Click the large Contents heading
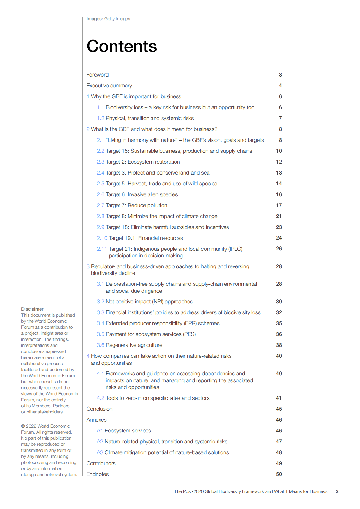122,46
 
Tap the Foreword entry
97,75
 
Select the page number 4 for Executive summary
280,86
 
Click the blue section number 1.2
100,118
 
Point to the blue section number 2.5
100,184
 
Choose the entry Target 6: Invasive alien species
142,194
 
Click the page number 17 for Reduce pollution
279,205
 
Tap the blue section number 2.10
102,238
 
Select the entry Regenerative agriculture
134,345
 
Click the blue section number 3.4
100,323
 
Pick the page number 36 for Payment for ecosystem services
279,334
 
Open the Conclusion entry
99,409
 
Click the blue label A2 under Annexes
100,442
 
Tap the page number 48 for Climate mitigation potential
279,452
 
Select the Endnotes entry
97,474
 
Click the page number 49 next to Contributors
279,463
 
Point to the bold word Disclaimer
32,309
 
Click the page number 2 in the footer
337,491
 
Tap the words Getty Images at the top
117,19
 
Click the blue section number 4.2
100,398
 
